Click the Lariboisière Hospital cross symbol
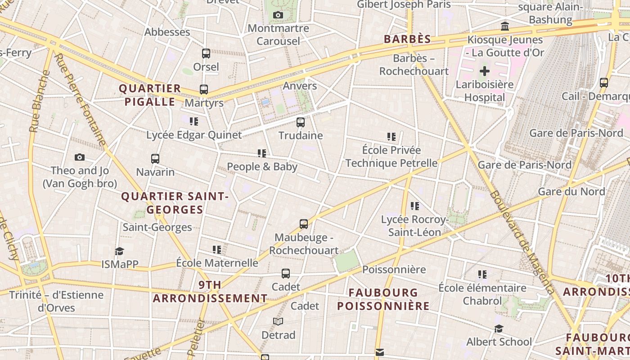click(485, 71)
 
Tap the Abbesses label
click(167, 32)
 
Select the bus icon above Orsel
click(206, 54)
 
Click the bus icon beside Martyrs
click(204, 90)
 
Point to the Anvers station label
click(300, 86)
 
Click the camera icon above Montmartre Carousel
click(278, 15)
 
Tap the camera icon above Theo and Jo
click(80, 157)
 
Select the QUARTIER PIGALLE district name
click(150, 95)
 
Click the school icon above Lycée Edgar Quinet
click(194, 121)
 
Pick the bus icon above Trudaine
click(301, 122)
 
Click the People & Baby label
click(262, 166)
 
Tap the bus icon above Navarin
click(155, 158)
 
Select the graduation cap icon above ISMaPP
click(119, 251)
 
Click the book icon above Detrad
click(278, 321)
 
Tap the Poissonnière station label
click(394, 270)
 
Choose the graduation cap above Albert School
click(499, 328)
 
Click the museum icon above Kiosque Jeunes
click(505, 26)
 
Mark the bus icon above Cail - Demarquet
click(604, 83)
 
